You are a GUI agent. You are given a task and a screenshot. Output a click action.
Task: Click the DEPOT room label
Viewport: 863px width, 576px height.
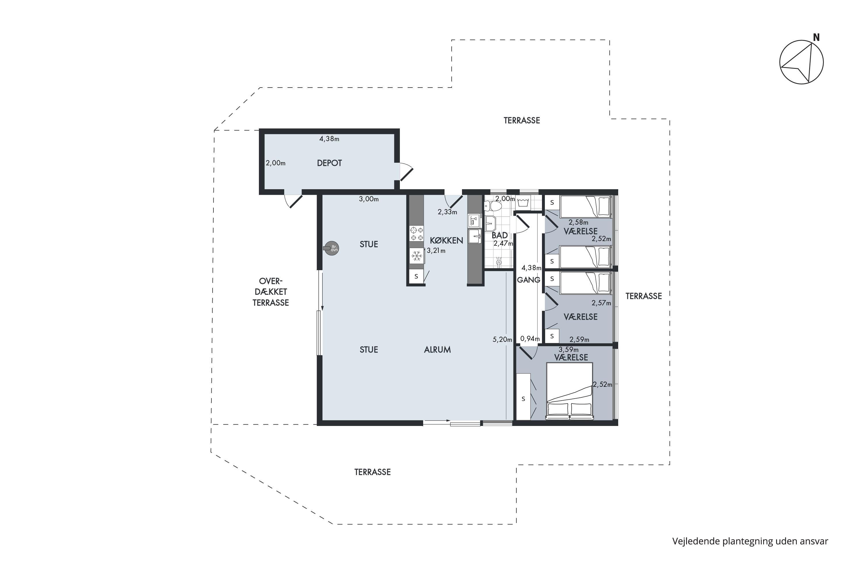pyautogui.click(x=329, y=163)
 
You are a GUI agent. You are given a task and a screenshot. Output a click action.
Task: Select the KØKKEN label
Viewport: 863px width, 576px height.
pyautogui.click(x=446, y=240)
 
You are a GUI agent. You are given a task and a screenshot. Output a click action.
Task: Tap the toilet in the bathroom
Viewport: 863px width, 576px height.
pyautogui.click(x=492, y=206)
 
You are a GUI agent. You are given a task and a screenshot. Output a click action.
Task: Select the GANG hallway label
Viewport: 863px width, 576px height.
pyautogui.click(x=528, y=280)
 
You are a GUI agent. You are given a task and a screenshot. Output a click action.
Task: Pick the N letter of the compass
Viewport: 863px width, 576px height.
pyautogui.click(x=816, y=37)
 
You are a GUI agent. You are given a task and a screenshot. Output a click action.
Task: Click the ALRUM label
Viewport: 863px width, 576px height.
pyautogui.click(x=437, y=350)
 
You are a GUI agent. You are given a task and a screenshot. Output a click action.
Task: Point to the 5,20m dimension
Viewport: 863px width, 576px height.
pyautogui.click(x=502, y=340)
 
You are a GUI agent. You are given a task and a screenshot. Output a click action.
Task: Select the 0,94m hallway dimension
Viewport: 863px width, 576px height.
pyautogui.click(x=530, y=339)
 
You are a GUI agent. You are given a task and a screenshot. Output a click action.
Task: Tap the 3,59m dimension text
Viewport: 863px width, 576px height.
pyautogui.click(x=568, y=349)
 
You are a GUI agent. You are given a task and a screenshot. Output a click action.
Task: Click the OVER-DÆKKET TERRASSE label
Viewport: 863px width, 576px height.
pyautogui.click(x=271, y=292)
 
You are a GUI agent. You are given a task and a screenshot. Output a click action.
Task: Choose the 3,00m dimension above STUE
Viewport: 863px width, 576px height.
pyautogui.click(x=369, y=199)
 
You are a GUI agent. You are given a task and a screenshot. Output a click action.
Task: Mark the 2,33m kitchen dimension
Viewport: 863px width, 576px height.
pyautogui.click(x=447, y=212)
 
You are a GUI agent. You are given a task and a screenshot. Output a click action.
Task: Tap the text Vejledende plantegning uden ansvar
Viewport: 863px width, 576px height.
pyautogui.click(x=750, y=541)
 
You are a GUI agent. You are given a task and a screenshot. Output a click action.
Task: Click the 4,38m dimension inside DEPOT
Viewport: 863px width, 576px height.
pyautogui.click(x=329, y=139)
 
